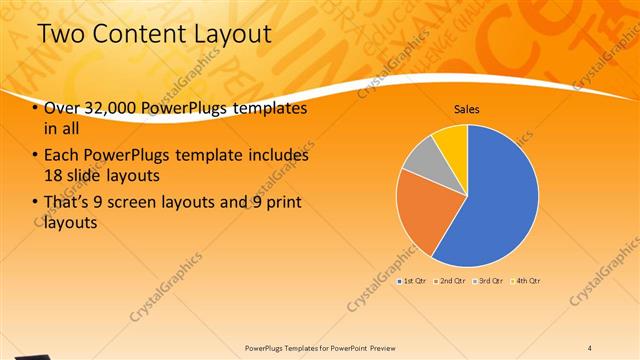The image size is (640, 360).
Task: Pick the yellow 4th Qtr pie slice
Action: (x=451, y=141)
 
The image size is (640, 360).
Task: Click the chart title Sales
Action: (x=467, y=108)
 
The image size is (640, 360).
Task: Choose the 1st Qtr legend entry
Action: (x=414, y=281)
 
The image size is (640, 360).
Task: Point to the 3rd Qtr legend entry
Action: (x=491, y=281)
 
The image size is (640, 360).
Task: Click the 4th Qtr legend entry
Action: (x=528, y=281)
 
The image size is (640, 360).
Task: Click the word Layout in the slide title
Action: (x=221, y=33)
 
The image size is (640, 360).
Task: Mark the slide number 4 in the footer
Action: (x=589, y=347)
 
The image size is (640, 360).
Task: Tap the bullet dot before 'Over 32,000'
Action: (x=35, y=108)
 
